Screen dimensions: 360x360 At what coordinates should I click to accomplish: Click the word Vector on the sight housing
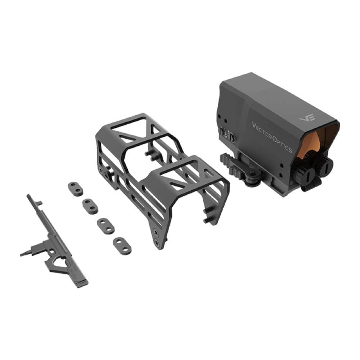[262, 130]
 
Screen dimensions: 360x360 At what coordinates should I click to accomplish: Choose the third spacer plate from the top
[105, 225]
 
